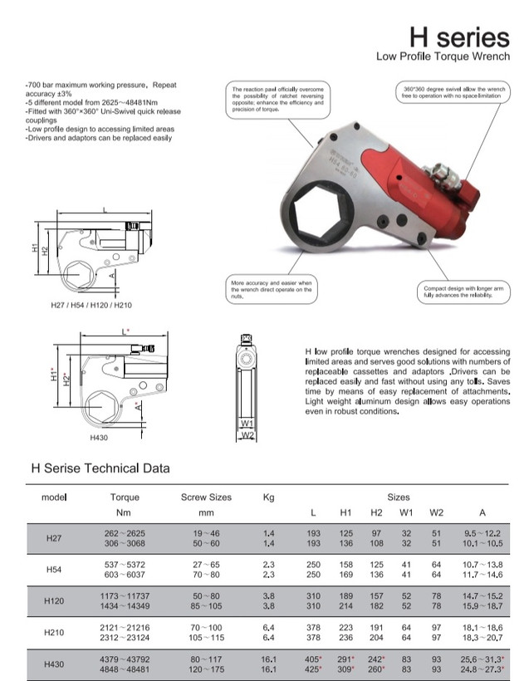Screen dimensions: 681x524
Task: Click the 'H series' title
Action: (459, 37)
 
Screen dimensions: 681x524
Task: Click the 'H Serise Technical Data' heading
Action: (100, 468)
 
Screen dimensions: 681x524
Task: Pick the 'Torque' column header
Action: (125, 497)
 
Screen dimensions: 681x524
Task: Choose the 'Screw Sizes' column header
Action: (206, 497)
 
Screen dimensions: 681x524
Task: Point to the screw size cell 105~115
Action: (206, 638)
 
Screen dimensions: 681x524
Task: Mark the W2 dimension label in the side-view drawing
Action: (247, 434)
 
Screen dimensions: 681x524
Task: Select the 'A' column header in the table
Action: (482, 512)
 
